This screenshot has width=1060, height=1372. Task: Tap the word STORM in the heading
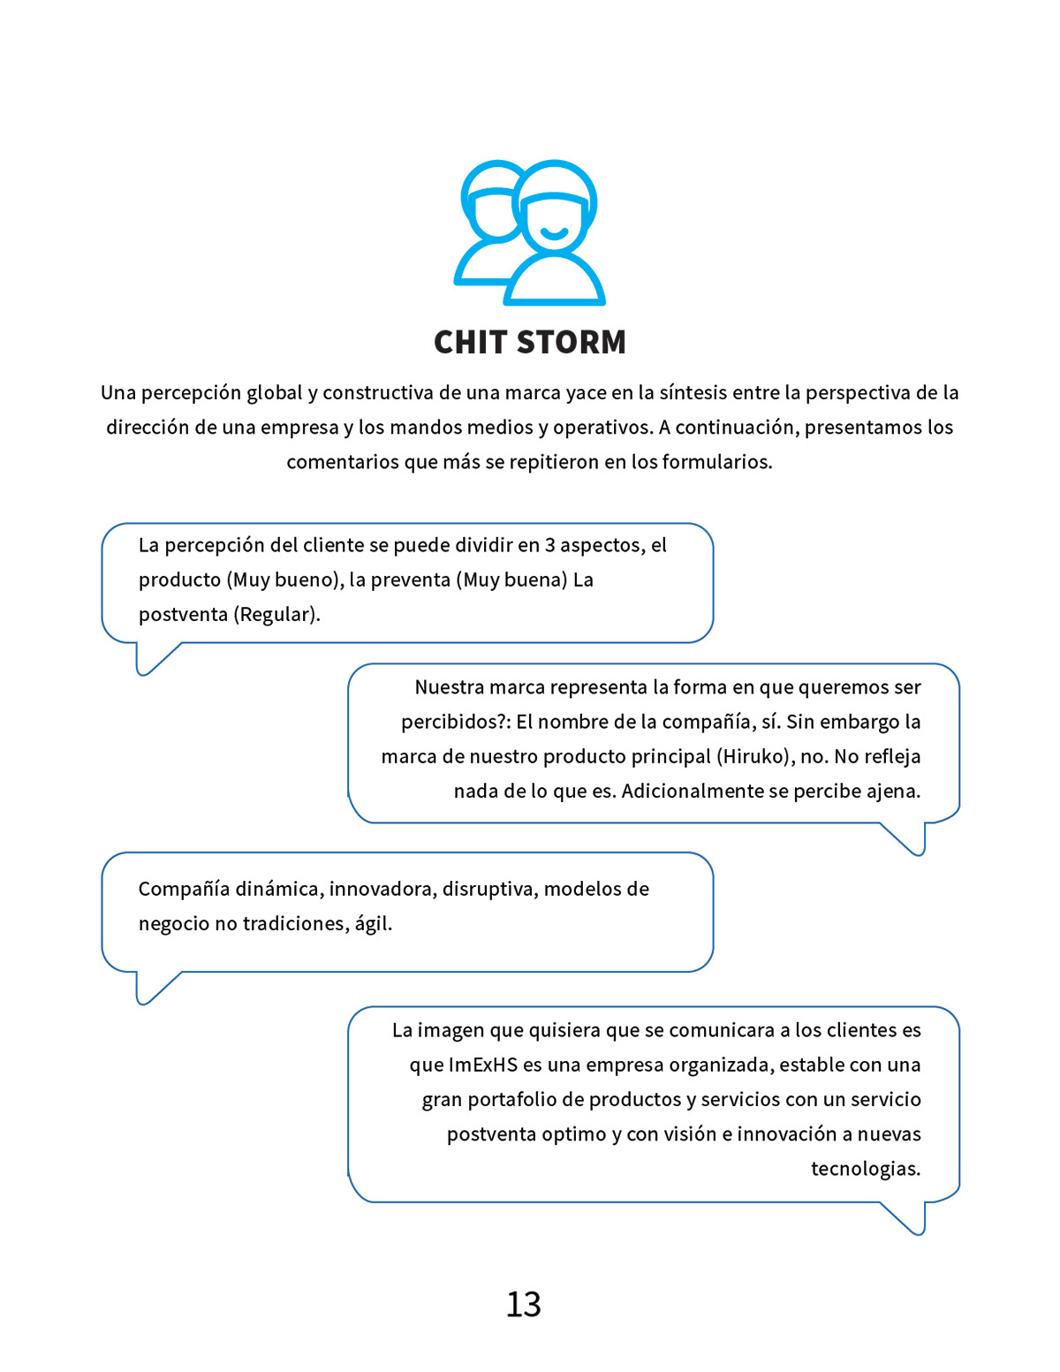[572, 342]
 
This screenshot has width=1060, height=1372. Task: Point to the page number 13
[523, 1305]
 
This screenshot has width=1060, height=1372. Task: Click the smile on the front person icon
[555, 233]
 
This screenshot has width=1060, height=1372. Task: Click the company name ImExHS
[483, 1065]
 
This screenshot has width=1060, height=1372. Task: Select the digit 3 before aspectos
[549, 545]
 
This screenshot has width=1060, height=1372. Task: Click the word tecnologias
[866, 1170]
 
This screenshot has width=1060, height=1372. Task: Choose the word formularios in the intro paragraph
[716, 462]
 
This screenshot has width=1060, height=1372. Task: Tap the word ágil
[373, 924]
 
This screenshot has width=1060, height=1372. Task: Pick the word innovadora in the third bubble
[382, 890]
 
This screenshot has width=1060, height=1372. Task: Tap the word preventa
[410, 580]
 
